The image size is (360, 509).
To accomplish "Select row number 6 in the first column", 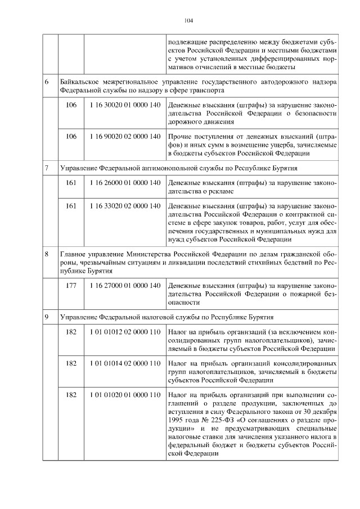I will click(x=47, y=82).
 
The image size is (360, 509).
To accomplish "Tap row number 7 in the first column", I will click(x=47, y=168).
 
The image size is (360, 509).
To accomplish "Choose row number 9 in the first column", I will click(x=47, y=317).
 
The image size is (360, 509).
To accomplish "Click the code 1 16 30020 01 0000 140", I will click(x=125, y=105).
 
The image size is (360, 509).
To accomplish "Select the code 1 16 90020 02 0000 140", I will click(x=125, y=137).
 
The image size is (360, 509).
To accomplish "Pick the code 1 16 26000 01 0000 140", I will click(x=125, y=183).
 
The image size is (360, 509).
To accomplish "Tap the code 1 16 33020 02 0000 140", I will click(x=125, y=206).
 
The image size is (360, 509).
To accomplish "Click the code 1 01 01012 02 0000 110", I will click(x=125, y=332).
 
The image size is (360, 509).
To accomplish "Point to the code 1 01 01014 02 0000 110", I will click(x=125, y=364).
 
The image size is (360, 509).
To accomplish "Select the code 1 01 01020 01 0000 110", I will click(x=125, y=395).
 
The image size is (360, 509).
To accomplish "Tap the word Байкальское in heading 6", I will click(x=81, y=82).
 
